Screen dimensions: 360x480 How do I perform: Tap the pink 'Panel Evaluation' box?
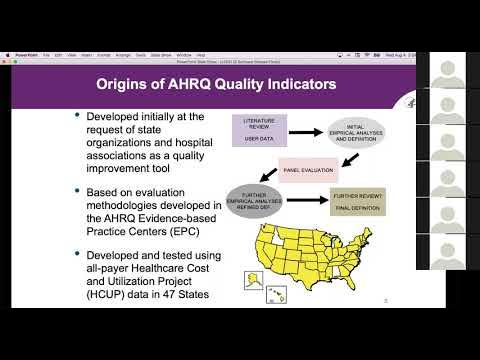click(305, 170)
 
